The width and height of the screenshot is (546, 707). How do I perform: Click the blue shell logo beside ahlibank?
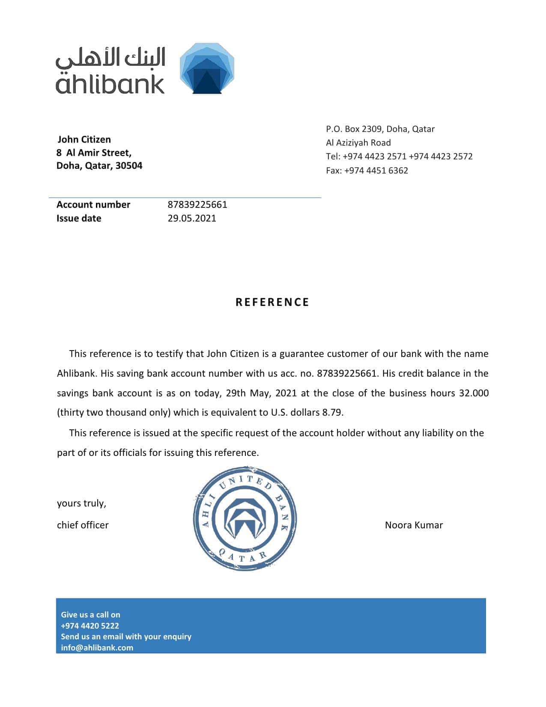coord(207,69)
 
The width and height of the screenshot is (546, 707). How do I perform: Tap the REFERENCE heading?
coord(272,303)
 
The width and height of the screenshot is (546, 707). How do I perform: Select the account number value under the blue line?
coord(197,204)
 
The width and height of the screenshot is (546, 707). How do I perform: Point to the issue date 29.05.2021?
coord(192,218)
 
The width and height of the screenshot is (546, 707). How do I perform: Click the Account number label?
coord(93,204)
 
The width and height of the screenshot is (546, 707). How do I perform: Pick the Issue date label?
coord(79,218)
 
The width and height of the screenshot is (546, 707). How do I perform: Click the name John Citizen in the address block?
coord(84,139)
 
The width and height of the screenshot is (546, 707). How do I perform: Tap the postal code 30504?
coord(129,166)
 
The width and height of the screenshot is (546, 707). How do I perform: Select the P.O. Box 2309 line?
coord(380,129)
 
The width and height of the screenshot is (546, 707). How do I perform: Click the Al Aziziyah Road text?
coord(358,143)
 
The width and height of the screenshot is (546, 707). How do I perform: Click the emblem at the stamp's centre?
coord(245,518)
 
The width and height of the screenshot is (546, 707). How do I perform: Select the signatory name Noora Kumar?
coord(414,525)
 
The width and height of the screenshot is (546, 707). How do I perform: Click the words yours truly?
coord(81,503)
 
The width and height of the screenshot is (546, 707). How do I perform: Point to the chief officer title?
coord(83,525)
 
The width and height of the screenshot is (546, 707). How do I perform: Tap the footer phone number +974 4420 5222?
coord(90,626)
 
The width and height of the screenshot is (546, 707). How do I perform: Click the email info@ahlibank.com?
coord(97,647)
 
